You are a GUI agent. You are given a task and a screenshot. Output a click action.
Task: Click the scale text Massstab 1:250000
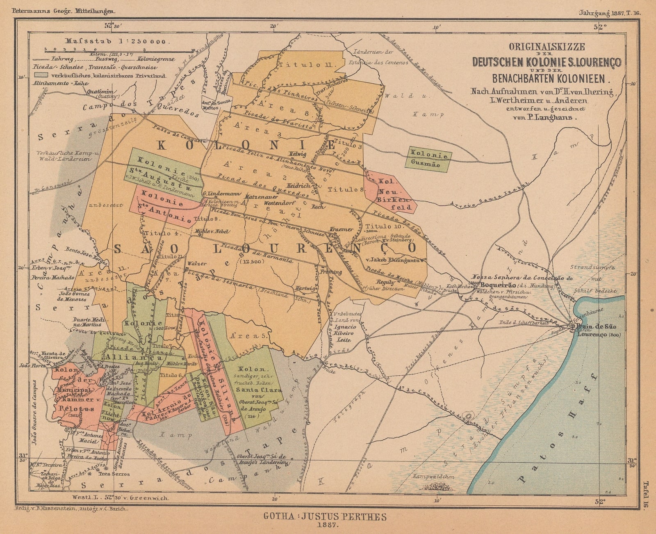(115, 41)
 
